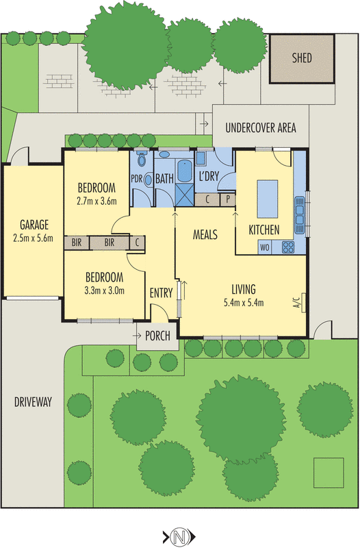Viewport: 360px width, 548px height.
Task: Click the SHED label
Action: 302,58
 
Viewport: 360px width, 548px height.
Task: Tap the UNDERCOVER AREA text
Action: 261,128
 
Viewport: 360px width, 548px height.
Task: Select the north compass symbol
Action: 179,536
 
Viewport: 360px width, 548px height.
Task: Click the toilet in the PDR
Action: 142,159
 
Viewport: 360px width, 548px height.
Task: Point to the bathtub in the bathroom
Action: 184,171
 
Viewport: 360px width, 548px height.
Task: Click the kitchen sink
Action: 300,215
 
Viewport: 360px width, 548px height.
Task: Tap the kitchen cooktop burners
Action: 288,247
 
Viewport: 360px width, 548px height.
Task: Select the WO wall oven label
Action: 265,248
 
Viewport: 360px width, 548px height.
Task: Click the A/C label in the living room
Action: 297,302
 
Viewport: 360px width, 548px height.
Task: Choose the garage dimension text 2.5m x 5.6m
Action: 33,238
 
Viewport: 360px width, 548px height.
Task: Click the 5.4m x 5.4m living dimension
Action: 244,303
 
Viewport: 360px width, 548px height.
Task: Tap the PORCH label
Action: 157,336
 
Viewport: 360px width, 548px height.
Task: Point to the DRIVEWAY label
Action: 33,402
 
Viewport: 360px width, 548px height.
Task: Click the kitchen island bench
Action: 268,199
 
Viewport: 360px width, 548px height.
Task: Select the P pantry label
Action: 228,199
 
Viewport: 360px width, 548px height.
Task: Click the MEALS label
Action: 205,234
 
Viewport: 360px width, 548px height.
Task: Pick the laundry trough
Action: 201,159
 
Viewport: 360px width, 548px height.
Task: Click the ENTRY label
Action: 161,293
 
